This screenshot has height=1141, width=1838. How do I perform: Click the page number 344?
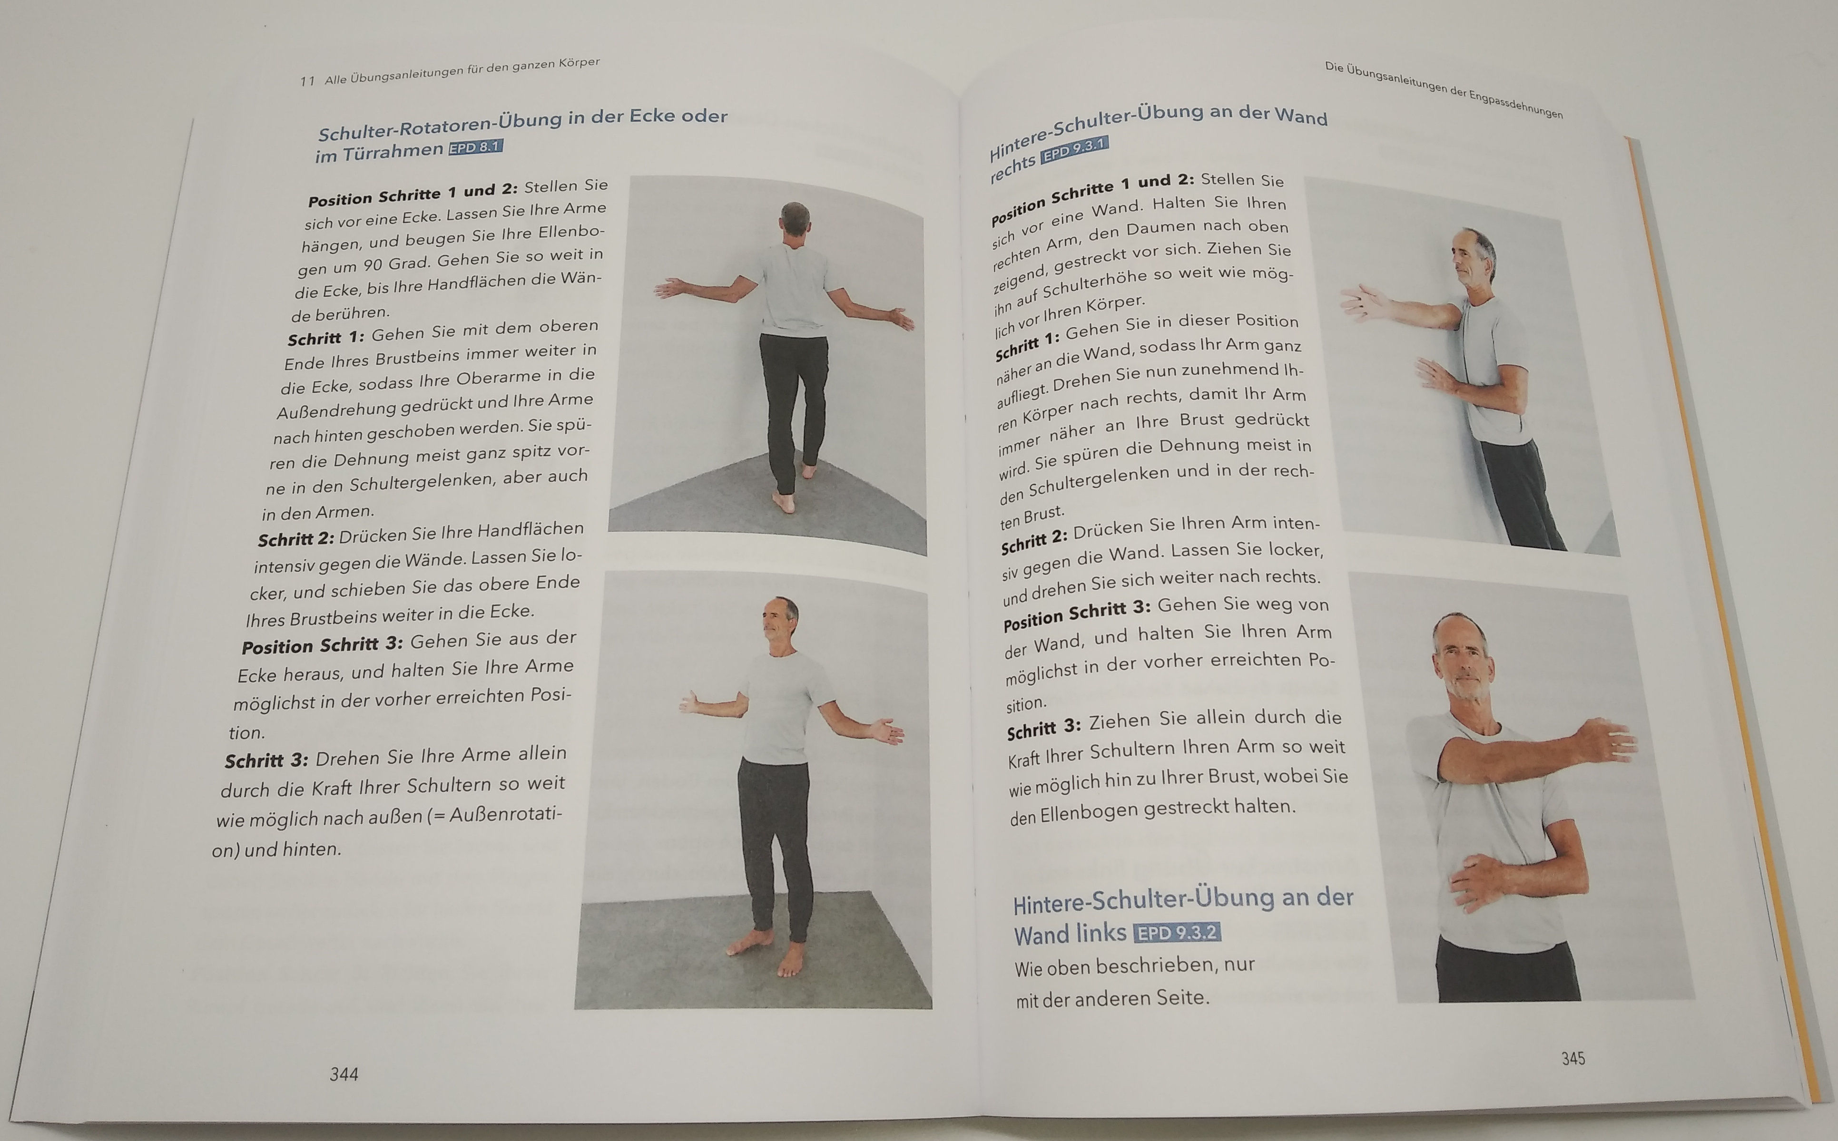click(x=344, y=1074)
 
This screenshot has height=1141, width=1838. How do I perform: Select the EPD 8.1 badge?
click(x=475, y=147)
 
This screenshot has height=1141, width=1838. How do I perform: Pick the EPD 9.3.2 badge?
click(x=1177, y=933)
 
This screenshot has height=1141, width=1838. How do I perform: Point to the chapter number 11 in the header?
click(x=307, y=81)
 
